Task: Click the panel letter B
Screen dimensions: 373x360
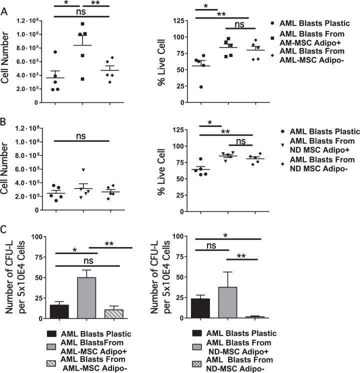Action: (x=5, y=121)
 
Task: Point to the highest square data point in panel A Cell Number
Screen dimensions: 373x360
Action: (x=82, y=24)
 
